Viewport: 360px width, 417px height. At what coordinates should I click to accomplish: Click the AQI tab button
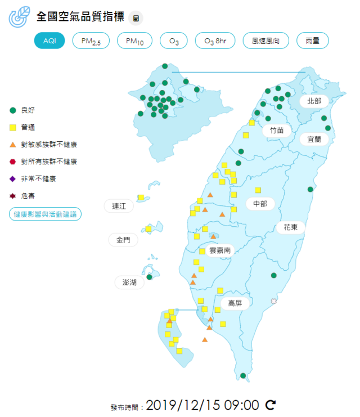tap(49, 41)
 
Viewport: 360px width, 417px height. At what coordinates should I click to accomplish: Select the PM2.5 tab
tap(91, 41)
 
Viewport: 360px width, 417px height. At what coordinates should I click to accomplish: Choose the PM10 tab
tap(135, 41)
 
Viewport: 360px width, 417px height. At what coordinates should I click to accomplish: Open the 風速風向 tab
tap(266, 41)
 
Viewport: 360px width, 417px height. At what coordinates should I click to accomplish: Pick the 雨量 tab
tap(312, 41)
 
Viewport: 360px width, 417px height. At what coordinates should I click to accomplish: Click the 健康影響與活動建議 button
tap(45, 214)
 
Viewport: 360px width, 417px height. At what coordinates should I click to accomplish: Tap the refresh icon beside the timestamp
tap(271, 405)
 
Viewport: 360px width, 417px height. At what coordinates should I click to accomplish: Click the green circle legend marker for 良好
tap(13, 110)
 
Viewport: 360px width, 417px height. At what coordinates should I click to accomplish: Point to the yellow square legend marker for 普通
tap(13, 128)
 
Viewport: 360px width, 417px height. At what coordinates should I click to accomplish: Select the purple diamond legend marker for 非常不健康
tap(13, 179)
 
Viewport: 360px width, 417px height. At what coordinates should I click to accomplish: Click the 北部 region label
tap(314, 101)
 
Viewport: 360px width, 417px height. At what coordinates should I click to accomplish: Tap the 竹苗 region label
tap(276, 130)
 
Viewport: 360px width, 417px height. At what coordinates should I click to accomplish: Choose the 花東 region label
tap(290, 227)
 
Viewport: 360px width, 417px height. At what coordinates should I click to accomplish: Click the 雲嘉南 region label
tap(219, 250)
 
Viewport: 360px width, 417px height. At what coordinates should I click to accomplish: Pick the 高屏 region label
tap(235, 303)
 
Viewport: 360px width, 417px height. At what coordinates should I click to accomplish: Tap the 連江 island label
tap(119, 207)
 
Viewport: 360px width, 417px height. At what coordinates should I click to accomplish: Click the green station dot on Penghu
tap(150, 277)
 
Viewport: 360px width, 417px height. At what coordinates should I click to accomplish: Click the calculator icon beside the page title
tap(136, 18)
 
